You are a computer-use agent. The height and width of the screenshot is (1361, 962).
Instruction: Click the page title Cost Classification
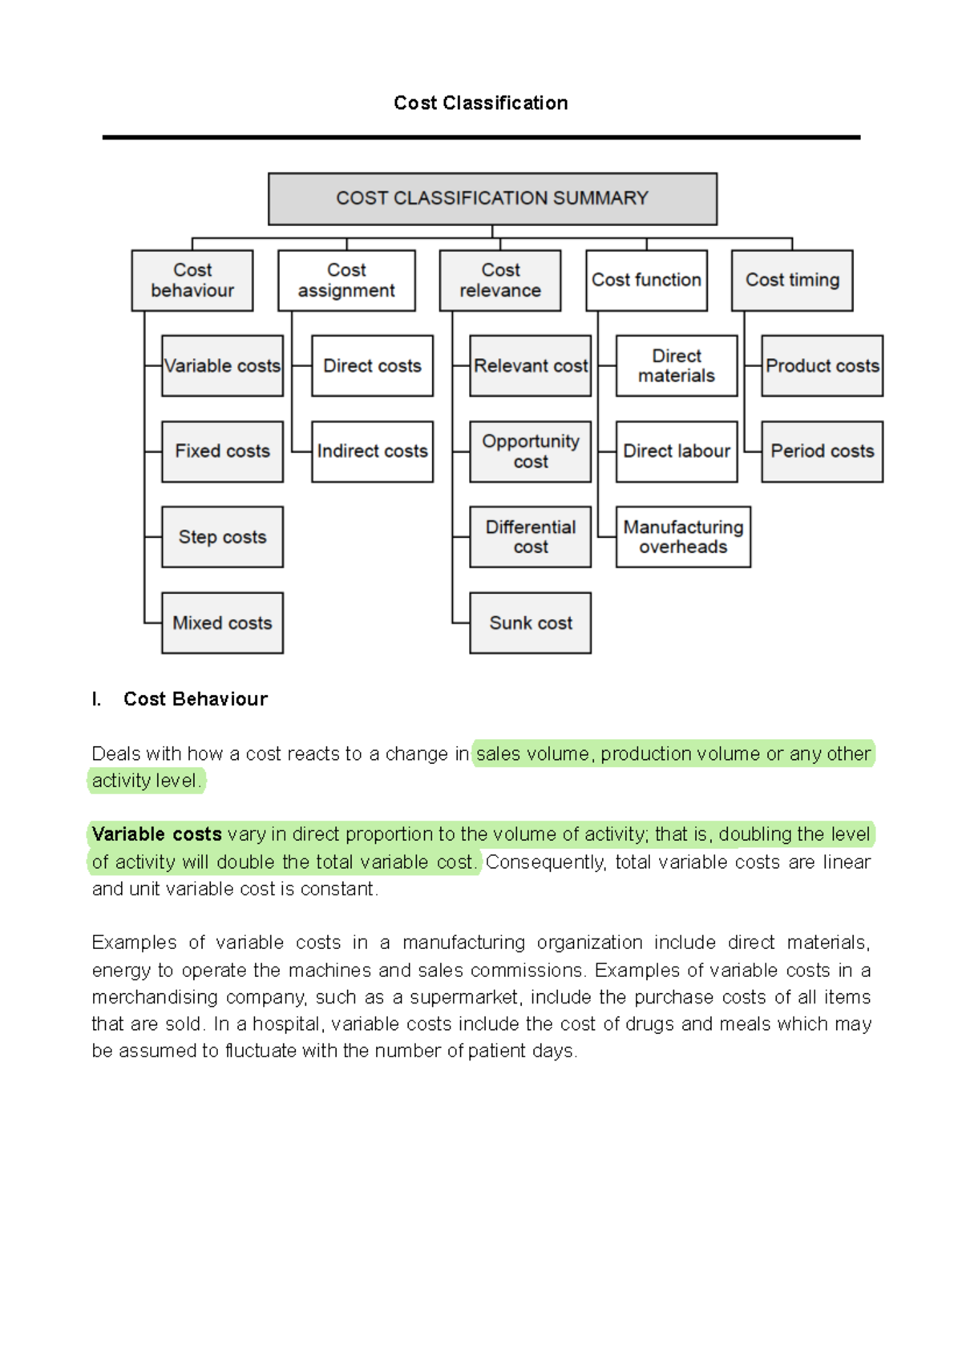click(480, 103)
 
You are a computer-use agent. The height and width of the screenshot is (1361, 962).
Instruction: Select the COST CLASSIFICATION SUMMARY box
click(492, 199)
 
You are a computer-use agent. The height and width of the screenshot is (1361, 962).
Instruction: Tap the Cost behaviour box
click(192, 281)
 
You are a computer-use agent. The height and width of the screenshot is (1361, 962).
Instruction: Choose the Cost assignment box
click(346, 281)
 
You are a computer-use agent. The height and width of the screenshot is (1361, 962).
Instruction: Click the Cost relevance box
click(500, 281)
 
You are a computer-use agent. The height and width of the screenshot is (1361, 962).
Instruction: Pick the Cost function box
click(646, 281)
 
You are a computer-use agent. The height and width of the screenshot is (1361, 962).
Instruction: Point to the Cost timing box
click(792, 281)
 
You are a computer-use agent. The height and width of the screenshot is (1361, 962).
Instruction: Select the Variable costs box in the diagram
click(222, 366)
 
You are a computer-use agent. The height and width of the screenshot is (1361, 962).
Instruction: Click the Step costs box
click(222, 537)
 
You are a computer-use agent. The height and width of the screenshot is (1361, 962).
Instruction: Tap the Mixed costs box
click(222, 623)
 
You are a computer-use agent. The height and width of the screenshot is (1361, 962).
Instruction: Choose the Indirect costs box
click(372, 451)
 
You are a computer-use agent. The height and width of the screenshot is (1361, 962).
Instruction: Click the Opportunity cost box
click(530, 451)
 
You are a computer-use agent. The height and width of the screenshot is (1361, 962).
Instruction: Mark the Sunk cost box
click(530, 623)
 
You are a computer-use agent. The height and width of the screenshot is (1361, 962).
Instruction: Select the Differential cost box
click(530, 537)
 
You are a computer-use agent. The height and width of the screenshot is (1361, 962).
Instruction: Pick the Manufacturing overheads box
click(683, 537)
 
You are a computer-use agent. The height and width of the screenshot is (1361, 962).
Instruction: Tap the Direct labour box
click(677, 451)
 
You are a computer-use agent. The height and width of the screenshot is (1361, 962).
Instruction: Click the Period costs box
click(822, 451)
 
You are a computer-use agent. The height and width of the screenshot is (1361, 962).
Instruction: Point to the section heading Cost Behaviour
click(195, 699)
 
